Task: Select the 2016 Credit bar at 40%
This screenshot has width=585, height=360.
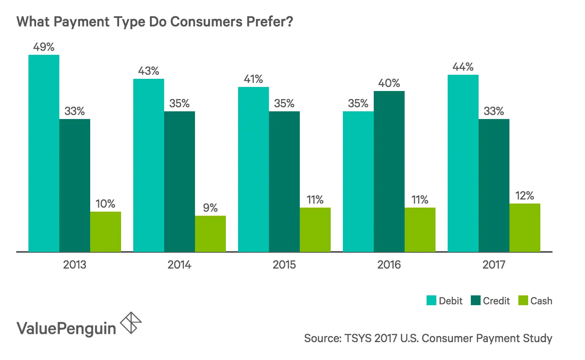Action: (389, 171)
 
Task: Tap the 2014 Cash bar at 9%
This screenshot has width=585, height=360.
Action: (210, 234)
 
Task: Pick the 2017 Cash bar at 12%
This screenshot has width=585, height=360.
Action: (525, 228)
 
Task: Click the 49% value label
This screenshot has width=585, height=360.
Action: (44, 47)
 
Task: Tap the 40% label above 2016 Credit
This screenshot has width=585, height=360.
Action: (389, 83)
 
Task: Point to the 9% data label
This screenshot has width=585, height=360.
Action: (210, 208)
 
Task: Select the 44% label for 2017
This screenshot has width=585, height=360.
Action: (463, 67)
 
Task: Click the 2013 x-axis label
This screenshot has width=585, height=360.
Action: (75, 265)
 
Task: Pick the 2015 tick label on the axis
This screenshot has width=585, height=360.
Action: (284, 265)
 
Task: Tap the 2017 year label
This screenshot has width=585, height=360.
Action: (494, 265)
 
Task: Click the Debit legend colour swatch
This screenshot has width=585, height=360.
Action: (431, 301)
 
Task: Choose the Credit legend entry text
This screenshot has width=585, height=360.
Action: (496, 301)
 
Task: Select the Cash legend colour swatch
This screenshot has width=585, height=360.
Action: (523, 301)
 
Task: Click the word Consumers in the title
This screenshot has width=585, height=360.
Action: (206, 22)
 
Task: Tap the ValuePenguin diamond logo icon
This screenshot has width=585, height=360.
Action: (131, 323)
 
